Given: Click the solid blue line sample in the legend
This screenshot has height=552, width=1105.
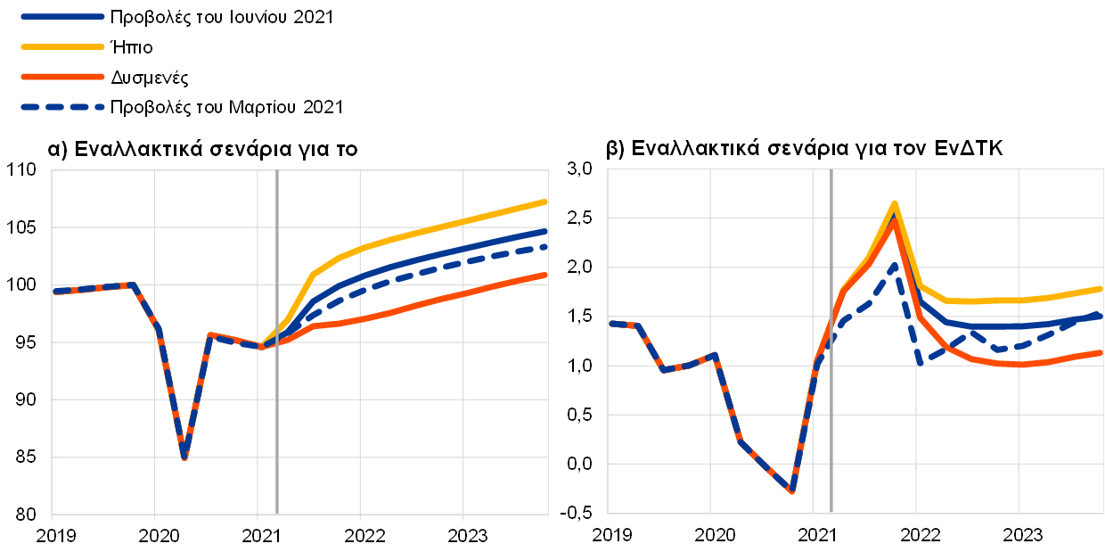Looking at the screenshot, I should [62, 16].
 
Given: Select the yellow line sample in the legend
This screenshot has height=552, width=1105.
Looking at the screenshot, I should [62, 46].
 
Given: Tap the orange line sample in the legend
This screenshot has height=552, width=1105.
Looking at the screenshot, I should [62, 77].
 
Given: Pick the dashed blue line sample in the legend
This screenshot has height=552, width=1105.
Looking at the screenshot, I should [62, 107].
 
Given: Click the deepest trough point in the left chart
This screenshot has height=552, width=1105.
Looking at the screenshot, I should [184, 457].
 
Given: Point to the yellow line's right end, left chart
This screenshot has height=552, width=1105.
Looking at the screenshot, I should [545, 202].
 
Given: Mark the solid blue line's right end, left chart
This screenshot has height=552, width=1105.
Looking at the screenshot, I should [545, 231].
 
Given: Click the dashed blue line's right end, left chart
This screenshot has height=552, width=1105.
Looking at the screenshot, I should [545, 246].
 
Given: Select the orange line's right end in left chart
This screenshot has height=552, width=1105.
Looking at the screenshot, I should [545, 276].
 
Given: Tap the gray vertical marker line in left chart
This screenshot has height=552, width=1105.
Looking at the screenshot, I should [277, 401].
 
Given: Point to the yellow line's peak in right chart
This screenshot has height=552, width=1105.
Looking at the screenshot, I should [894, 204].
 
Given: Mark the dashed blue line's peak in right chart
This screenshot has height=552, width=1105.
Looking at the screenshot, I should [895, 265].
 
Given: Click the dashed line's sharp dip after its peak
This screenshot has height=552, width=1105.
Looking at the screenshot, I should [921, 362].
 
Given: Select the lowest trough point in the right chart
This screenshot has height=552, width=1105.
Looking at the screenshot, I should [791, 491].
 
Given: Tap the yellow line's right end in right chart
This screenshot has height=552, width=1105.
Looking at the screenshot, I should [1101, 289].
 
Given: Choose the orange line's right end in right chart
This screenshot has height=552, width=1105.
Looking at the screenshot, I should [1101, 353].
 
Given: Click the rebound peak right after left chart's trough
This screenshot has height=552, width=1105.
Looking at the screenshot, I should [209, 335].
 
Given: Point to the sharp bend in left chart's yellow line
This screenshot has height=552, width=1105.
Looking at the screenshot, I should [313, 274].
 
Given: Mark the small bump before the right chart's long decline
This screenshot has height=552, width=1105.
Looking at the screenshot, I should [714, 355].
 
